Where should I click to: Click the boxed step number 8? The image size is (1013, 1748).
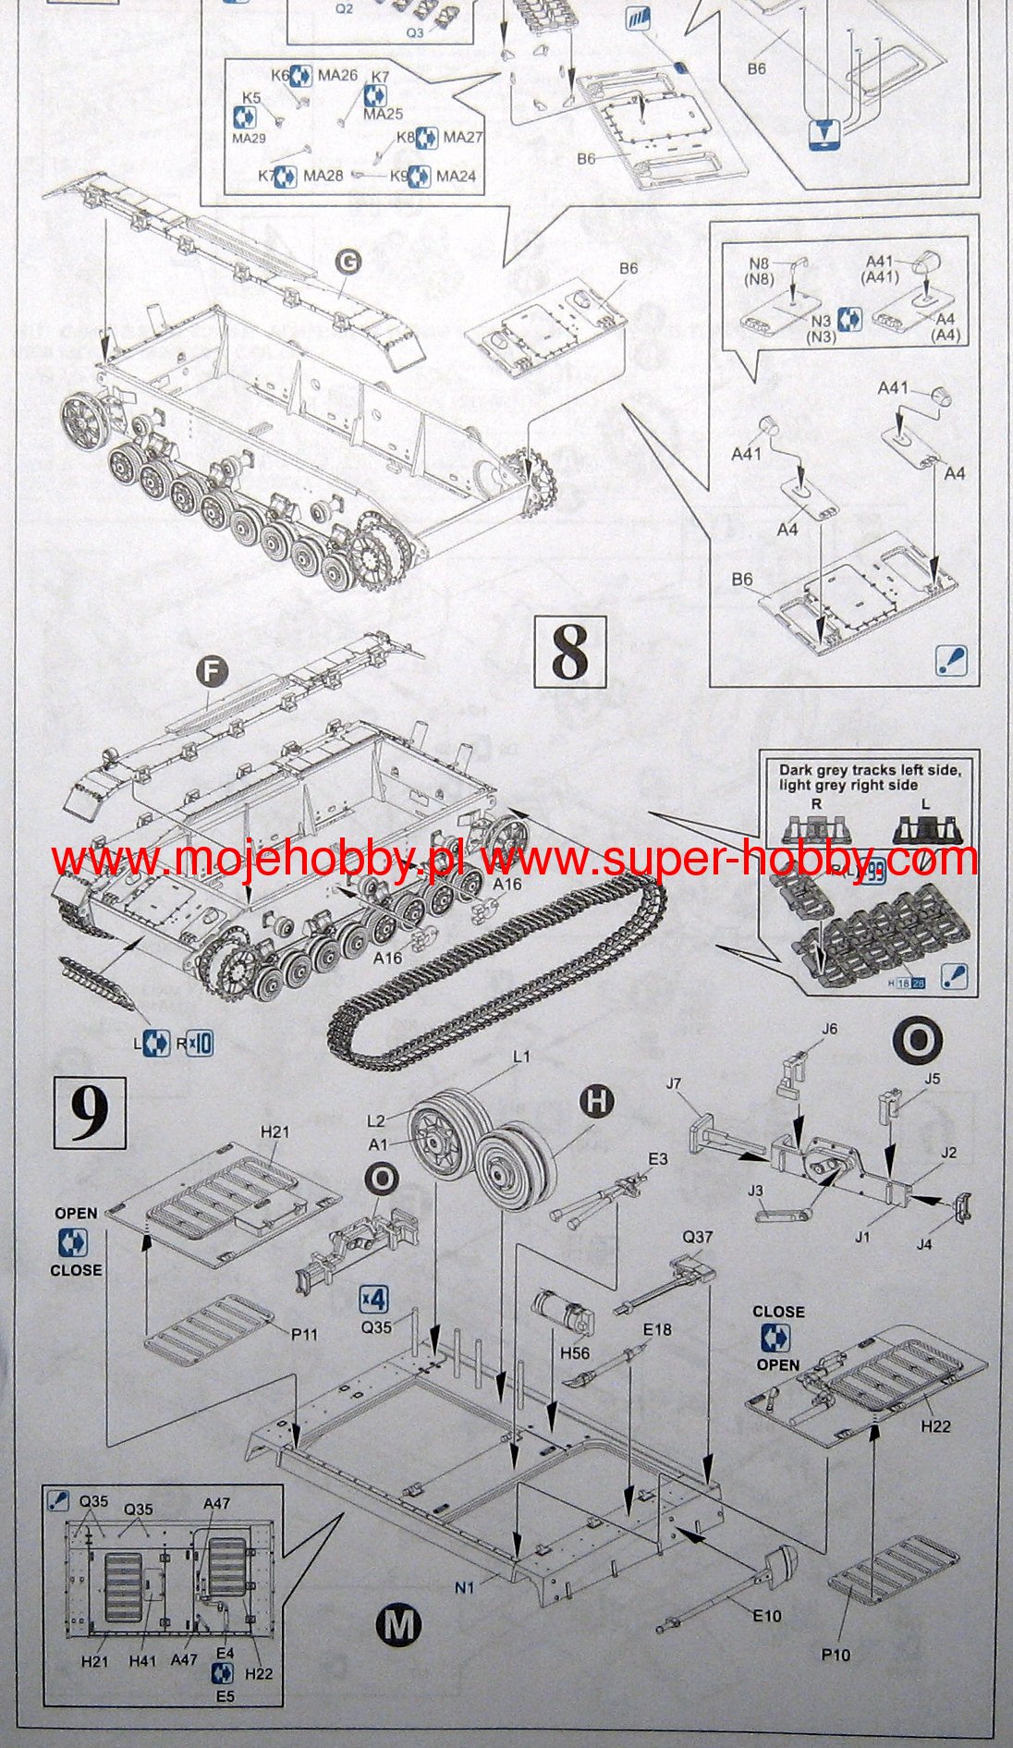(x=570, y=653)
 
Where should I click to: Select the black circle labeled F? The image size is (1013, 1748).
(x=212, y=673)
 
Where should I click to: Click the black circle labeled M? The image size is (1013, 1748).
(x=399, y=1625)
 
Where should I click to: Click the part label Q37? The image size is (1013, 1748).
(x=698, y=1237)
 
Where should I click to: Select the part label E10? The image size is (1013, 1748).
(x=766, y=1616)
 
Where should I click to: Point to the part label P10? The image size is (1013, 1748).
(x=836, y=1655)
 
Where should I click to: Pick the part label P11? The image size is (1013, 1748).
(x=304, y=1334)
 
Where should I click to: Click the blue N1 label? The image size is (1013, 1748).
(x=464, y=1588)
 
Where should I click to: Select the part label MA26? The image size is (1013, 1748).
(x=337, y=76)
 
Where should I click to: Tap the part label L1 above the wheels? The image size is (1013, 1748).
(x=521, y=1056)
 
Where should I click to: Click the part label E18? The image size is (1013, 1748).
(x=657, y=1329)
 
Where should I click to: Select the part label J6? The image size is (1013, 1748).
(x=829, y=1029)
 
